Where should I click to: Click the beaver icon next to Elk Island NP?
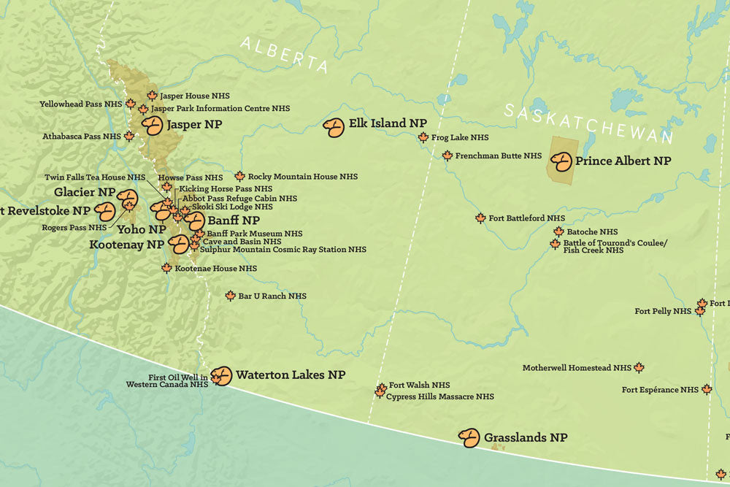(334, 128)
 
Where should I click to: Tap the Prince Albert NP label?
(623, 161)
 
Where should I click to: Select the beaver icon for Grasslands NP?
(469, 437)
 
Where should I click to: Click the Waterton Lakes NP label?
(290, 375)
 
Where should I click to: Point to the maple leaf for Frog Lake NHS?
(423, 137)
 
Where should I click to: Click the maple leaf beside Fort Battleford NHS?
(480, 218)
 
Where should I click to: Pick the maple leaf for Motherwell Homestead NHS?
(639, 368)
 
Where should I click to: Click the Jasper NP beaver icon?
(153, 126)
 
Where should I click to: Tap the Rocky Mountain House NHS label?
(303, 177)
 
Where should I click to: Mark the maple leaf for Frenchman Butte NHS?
(447, 156)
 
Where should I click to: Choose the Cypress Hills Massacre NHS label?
(439, 396)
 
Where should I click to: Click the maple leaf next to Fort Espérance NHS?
(707, 390)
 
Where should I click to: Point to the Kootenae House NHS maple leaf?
(166, 269)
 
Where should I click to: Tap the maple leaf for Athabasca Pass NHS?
(129, 137)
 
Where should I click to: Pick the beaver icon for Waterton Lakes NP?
(221, 376)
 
